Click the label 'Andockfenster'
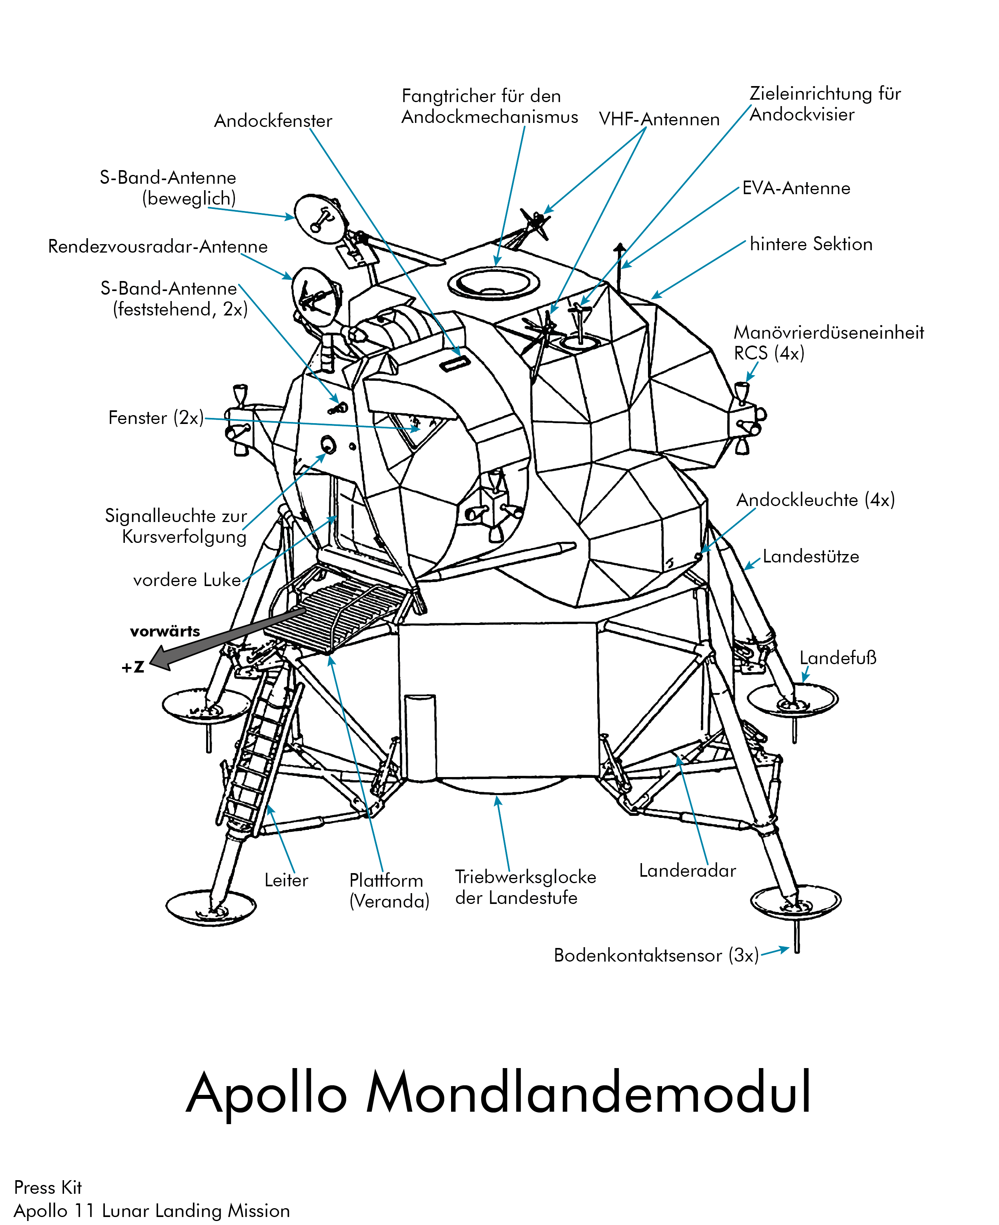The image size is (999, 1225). [x=273, y=121]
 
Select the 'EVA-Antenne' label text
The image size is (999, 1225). [x=796, y=188]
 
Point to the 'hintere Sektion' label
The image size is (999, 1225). [x=811, y=244]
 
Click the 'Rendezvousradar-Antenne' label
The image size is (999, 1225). [x=158, y=246]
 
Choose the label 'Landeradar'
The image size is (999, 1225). [x=687, y=870]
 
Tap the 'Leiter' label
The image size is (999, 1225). [x=286, y=880]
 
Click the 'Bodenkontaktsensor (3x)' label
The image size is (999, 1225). [x=656, y=955]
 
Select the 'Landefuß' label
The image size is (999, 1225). [x=838, y=658]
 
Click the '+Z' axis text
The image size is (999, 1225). [x=133, y=667]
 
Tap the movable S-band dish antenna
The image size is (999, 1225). [x=321, y=218]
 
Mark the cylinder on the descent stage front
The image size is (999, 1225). [x=420, y=737]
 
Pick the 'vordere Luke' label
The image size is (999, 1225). [x=187, y=580]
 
